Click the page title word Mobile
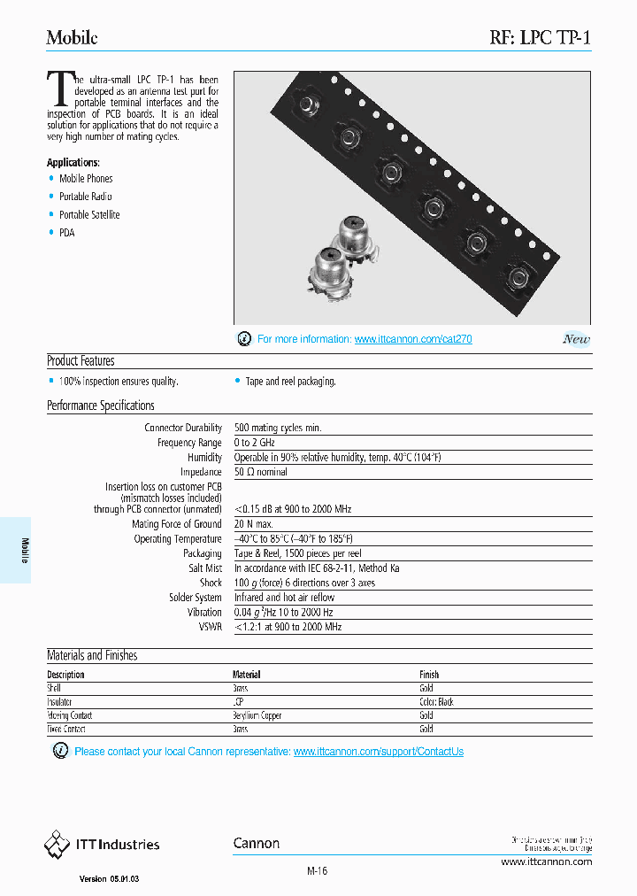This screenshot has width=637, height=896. [72, 37]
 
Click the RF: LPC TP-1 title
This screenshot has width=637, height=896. [540, 37]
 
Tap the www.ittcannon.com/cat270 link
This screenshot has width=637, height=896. [413, 339]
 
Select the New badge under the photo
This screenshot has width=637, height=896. [576, 339]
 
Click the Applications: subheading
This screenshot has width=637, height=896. [73, 162]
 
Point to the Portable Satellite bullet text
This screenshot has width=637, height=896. [89, 215]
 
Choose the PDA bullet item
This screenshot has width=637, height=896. [67, 233]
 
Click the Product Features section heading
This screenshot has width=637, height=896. [81, 361]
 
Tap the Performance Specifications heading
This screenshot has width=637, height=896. [101, 406]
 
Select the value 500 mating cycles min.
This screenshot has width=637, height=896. [278, 428]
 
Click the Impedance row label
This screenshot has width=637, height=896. [202, 472]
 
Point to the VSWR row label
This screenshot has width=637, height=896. [210, 627]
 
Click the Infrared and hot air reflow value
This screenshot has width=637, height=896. [284, 598]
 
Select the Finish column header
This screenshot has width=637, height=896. [429, 675]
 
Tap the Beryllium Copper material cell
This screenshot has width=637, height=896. [257, 715]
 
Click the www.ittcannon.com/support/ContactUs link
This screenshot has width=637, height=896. [378, 752]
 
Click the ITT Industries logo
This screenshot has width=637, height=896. [102, 845]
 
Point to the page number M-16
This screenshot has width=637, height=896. [318, 871]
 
